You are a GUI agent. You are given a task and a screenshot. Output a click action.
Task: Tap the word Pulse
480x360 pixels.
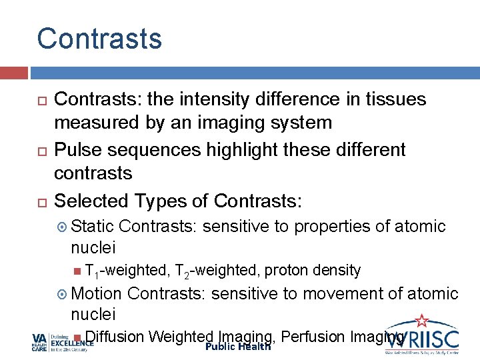pyautogui.click(x=75, y=149)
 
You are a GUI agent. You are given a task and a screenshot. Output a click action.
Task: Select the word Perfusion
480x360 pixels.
pyautogui.click(x=313, y=337)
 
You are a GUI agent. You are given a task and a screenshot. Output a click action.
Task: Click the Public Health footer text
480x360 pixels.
pyautogui.click(x=238, y=347)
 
